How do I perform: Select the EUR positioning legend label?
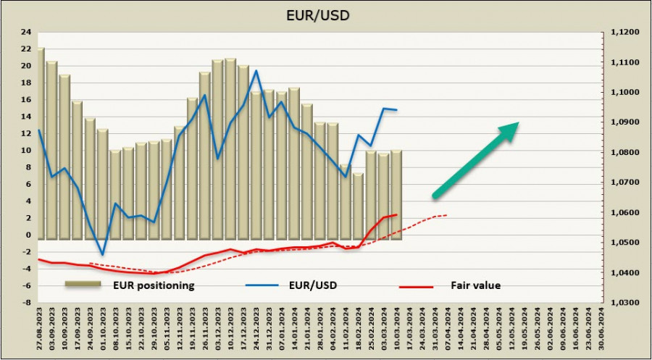point(153,285)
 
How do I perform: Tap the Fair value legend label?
point(476,285)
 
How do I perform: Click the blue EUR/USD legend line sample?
point(264,285)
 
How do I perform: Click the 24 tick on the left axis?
point(27,32)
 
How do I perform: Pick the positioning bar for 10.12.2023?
point(230,148)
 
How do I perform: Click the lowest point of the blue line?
point(102,255)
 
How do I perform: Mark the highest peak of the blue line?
point(256,70)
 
